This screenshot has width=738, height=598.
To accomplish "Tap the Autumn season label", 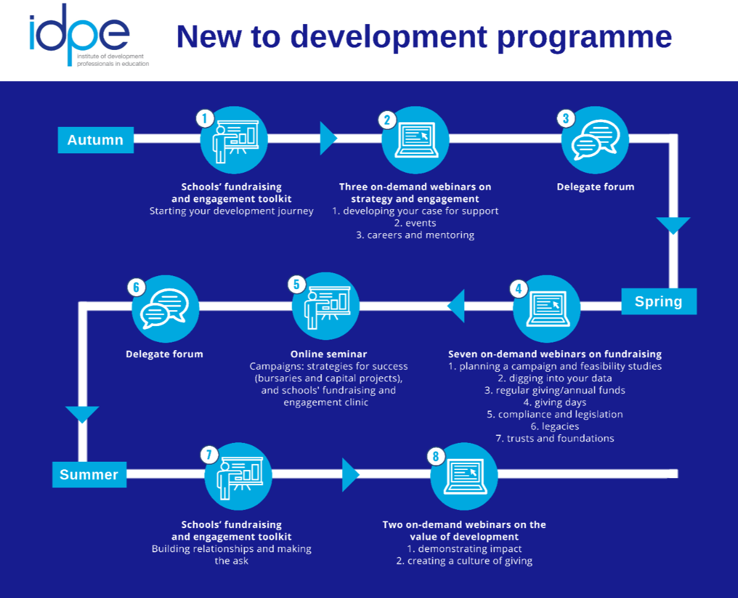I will pos(96,140).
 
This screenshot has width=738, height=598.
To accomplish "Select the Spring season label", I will pos(659,301).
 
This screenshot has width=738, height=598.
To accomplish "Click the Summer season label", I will pos(89,475).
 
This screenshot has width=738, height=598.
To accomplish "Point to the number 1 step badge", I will pos(205,119).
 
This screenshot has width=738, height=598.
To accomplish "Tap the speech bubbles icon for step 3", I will pos(595,140).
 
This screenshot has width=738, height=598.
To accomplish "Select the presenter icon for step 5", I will pos(326,306).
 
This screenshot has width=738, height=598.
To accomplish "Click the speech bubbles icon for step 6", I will pos(165,308).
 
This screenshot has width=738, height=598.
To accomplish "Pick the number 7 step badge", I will pos(209,455).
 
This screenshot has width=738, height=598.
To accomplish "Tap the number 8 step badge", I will pos(436,456).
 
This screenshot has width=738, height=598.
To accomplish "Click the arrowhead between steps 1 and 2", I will pos(328,139).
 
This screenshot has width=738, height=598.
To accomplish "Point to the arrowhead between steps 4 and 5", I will pos(456,305).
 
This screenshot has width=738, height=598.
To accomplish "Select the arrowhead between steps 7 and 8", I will pos(350,475).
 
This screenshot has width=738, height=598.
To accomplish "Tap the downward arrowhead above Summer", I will pos(82,414).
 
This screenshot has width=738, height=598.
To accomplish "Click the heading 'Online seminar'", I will pos(329,354).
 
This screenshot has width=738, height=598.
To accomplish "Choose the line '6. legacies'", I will pos(554,426).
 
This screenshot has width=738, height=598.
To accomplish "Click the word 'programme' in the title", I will pos(584,36).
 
